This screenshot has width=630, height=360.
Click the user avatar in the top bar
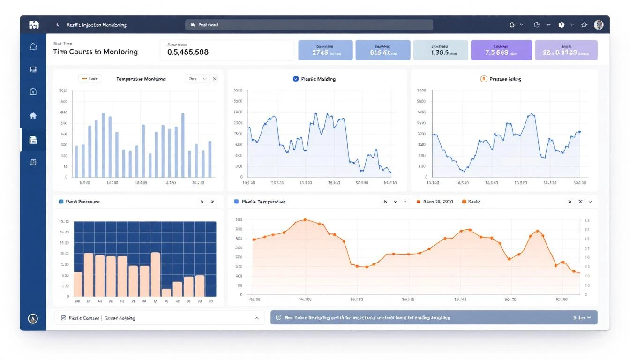[599, 25]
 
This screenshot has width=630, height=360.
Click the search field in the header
[309, 25]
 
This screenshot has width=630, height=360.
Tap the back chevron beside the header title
[58, 25]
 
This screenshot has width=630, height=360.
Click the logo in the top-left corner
[33, 25]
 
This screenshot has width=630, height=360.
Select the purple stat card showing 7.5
[501, 50]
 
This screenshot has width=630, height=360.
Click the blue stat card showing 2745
[325, 50]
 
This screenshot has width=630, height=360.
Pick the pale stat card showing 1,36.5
[440, 50]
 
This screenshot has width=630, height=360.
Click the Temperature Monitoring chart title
[141, 79]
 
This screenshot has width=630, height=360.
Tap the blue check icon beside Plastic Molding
[296, 79]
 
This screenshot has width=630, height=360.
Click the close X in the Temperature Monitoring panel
[215, 79]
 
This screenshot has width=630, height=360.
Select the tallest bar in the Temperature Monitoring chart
[103, 145]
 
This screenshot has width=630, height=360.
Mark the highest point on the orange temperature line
[305, 219]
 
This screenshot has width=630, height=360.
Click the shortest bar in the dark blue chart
[166, 293]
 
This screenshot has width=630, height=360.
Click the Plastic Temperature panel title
[263, 202]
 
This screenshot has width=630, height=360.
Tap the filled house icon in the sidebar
[33, 116]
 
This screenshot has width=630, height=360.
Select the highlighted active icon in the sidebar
[33, 140]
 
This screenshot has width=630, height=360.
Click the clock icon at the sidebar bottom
[33, 319]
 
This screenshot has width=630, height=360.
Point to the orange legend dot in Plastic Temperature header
[464, 202]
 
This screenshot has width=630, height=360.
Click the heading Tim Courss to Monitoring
[96, 52]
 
